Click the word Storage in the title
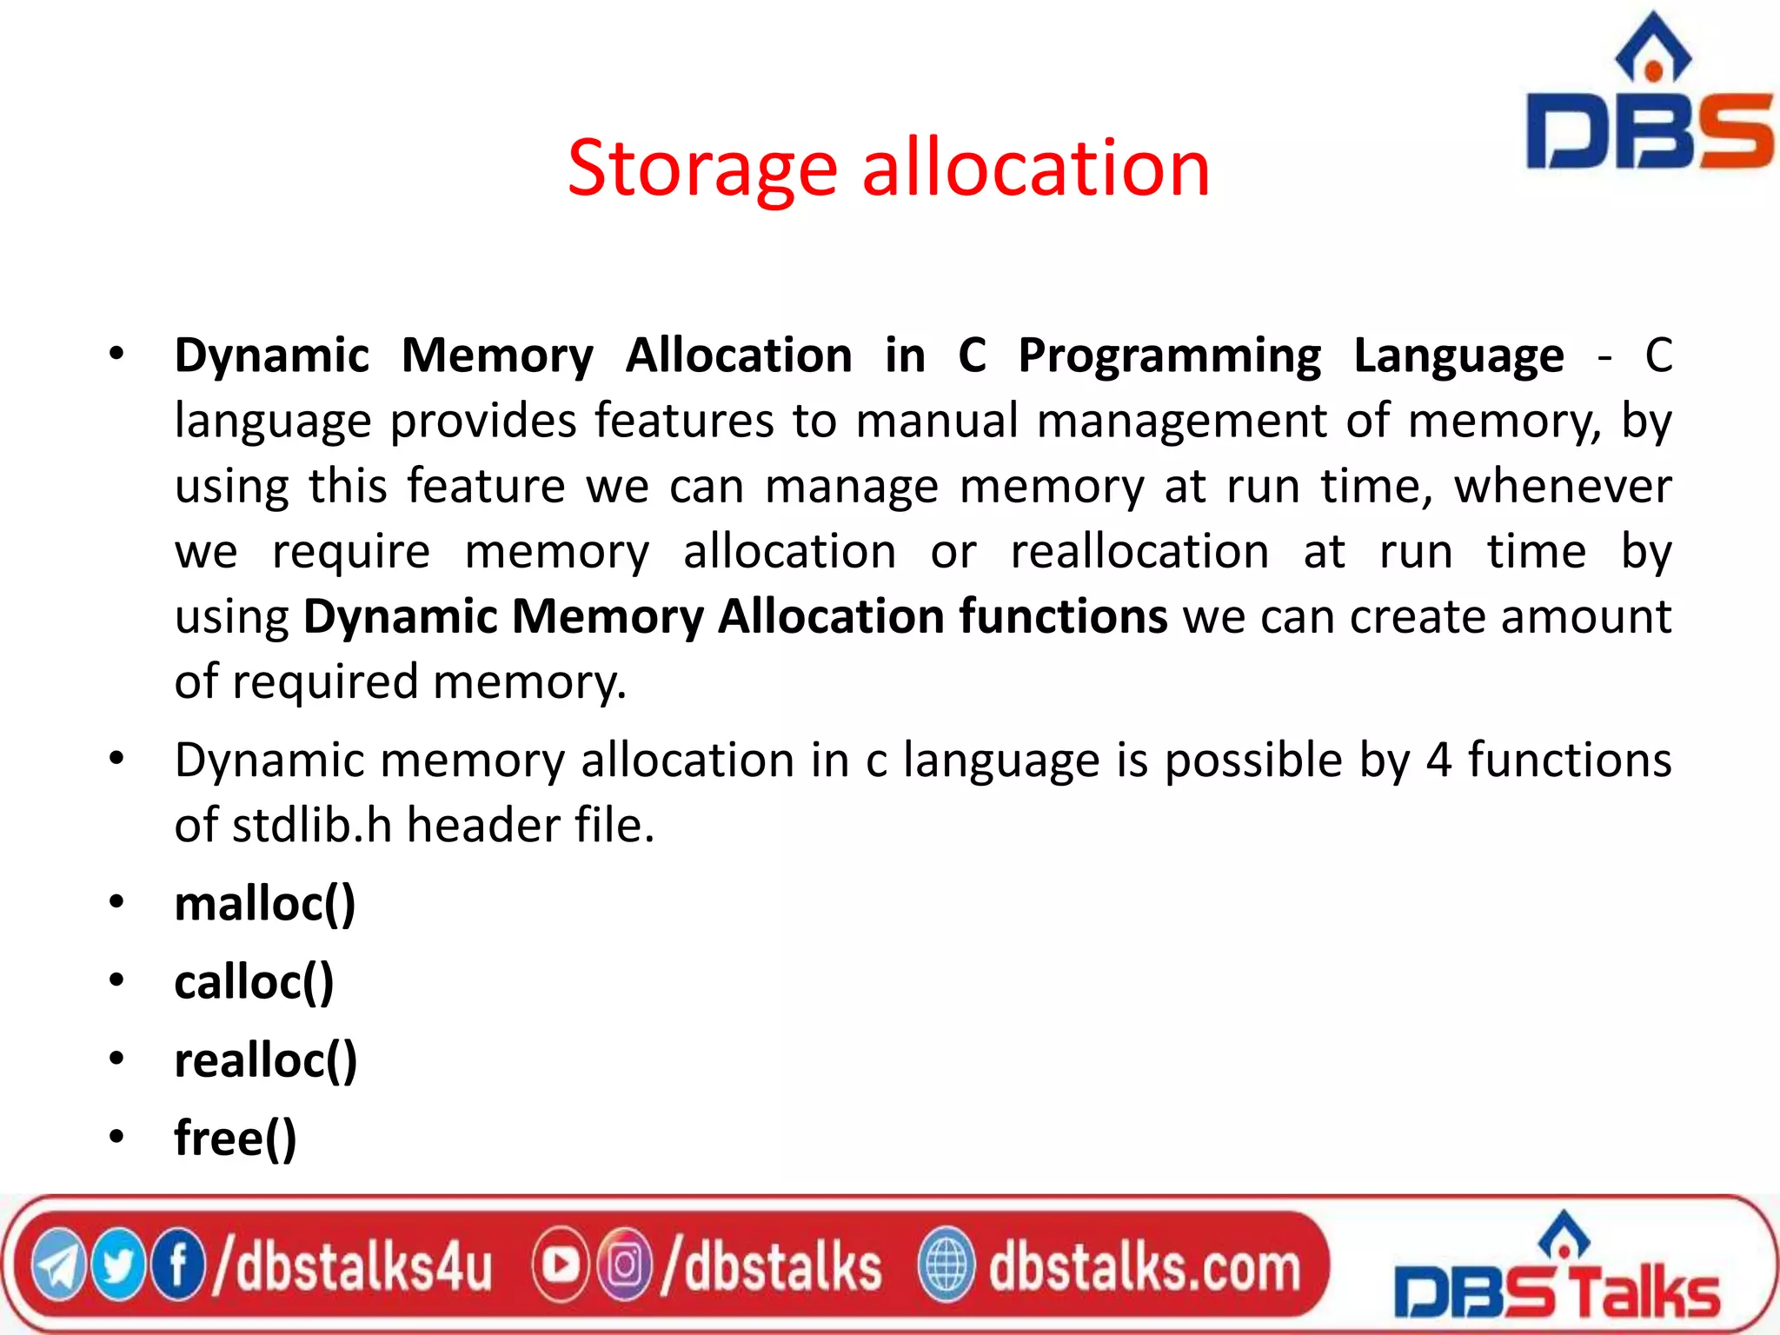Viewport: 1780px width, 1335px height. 702,169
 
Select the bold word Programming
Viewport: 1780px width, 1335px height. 1169,356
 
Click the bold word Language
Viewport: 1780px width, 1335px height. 1458,356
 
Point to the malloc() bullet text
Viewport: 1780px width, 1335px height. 265,904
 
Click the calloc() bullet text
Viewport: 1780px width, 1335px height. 254,982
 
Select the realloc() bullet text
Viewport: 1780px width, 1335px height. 265,1060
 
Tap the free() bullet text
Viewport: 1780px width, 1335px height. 235,1139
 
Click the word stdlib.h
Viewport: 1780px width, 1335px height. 312,826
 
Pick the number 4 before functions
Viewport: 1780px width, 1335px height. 1438,760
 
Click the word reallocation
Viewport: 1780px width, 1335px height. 1139,552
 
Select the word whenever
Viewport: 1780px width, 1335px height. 1562,487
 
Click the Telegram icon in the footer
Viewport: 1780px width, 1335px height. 59,1266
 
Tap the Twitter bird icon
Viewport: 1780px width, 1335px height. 118,1266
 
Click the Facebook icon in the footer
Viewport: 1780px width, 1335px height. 178,1266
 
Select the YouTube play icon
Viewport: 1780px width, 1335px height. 561,1266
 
